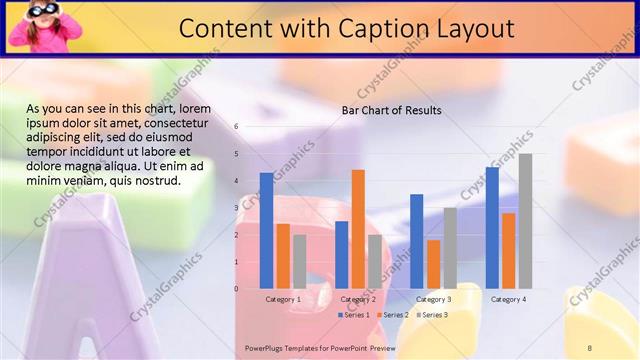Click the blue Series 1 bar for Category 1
point(266,231)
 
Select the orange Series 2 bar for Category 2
point(358,229)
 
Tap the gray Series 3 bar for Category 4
point(525,221)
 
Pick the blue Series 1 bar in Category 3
point(416,241)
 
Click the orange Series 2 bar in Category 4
point(509,251)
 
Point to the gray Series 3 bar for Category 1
point(300,262)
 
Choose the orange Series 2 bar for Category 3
point(433,264)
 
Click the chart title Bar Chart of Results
point(391,110)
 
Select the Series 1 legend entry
point(353,315)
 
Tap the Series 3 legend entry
point(432,315)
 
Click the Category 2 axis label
point(358,299)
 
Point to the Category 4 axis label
point(508,299)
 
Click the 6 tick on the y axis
point(236,127)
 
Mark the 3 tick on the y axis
point(236,208)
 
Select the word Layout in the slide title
point(481,28)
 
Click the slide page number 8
point(590,346)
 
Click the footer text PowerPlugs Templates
point(291,346)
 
